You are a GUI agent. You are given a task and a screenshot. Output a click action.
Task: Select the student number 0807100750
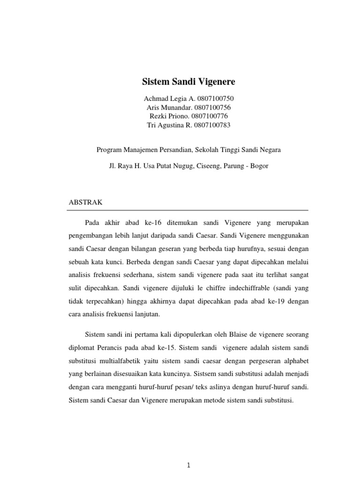pos(215,98)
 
